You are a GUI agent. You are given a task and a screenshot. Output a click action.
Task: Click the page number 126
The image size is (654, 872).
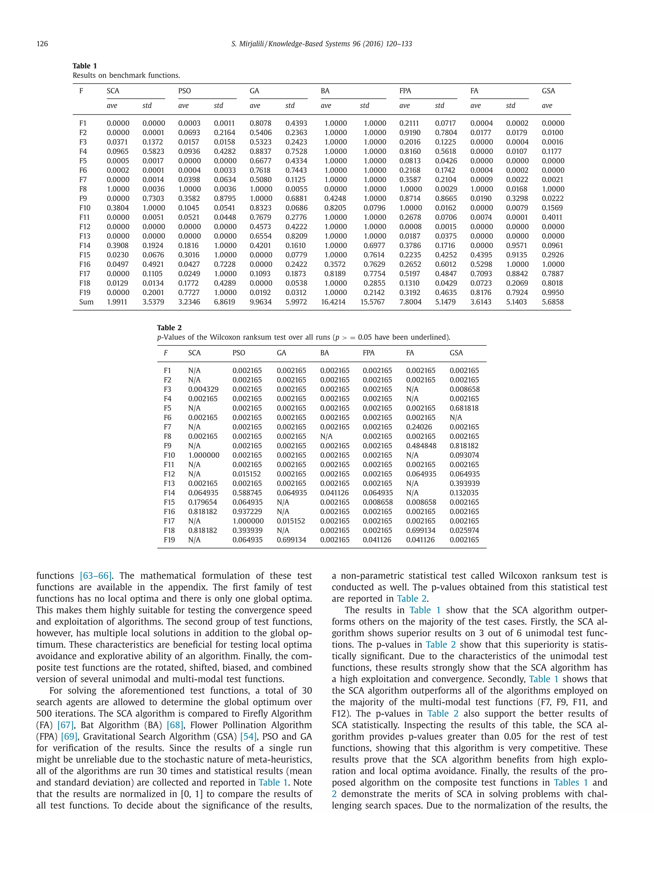(42, 44)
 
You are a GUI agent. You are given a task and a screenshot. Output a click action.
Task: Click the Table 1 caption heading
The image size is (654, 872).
(84, 66)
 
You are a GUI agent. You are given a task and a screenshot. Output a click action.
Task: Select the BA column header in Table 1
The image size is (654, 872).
(325, 91)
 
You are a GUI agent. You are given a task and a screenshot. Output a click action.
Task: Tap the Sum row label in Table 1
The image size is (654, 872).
(86, 302)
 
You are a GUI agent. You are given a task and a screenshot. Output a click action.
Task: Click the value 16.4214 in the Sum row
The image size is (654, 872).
(333, 302)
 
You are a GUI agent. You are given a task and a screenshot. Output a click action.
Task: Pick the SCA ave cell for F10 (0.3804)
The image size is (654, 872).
(118, 208)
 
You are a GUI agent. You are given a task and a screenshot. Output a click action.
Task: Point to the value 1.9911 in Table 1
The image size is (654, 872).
(118, 302)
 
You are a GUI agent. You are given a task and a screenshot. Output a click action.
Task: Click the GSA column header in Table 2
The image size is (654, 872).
(456, 353)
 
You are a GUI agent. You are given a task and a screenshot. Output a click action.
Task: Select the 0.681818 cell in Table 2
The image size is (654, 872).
(464, 408)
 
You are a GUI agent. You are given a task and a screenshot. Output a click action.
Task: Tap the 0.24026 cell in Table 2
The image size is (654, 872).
(419, 427)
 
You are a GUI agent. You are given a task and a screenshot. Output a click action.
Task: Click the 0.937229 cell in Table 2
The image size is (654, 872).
(247, 512)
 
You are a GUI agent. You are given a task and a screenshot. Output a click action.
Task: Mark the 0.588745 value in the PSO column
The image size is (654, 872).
(247, 493)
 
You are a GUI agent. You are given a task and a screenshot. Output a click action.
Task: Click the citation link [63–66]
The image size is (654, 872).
(95, 576)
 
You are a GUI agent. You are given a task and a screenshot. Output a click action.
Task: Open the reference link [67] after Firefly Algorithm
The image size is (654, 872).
(65, 725)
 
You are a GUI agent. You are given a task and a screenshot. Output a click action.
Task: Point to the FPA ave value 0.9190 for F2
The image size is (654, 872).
(410, 133)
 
